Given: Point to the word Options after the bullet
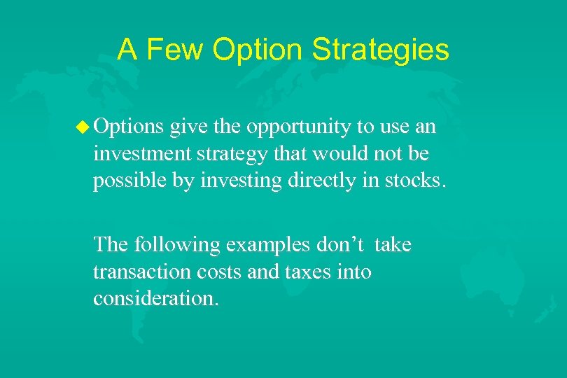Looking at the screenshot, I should point(129,127).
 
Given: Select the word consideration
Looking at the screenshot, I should point(155,298).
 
